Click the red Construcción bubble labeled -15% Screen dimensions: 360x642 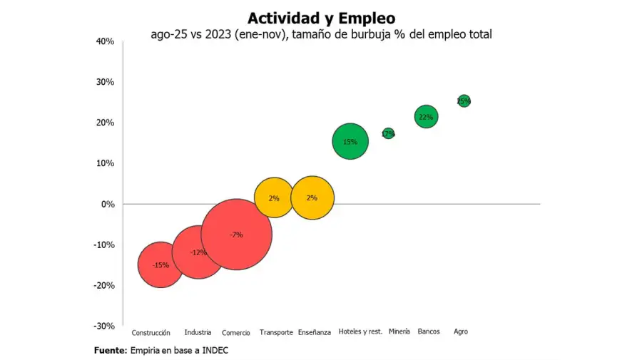(160, 265)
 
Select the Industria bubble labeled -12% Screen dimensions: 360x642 (198, 252)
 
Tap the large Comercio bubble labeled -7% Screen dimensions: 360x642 (236, 235)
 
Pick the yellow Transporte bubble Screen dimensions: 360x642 (274, 197)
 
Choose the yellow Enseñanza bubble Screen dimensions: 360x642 (312, 197)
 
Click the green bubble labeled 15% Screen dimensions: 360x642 (350, 141)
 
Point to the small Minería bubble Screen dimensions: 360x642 (388, 133)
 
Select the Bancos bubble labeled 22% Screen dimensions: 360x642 (426, 117)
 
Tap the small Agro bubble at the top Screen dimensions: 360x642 (464, 101)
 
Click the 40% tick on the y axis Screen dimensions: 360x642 (105, 41)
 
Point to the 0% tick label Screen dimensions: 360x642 (107, 204)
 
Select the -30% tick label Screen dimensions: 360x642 (104, 326)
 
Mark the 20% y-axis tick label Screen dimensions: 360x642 (105, 123)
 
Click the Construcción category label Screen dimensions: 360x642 (151, 332)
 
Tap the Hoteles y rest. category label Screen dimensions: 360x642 (360, 331)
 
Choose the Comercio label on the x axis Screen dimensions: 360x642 (236, 332)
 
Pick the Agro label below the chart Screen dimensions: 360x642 (461, 331)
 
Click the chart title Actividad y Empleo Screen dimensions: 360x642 (321, 17)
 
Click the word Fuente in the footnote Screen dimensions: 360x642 (110, 351)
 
